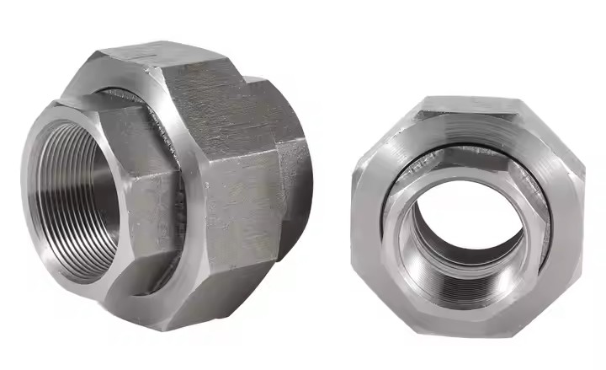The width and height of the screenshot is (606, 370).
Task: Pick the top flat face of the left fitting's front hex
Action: click(93, 105)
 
